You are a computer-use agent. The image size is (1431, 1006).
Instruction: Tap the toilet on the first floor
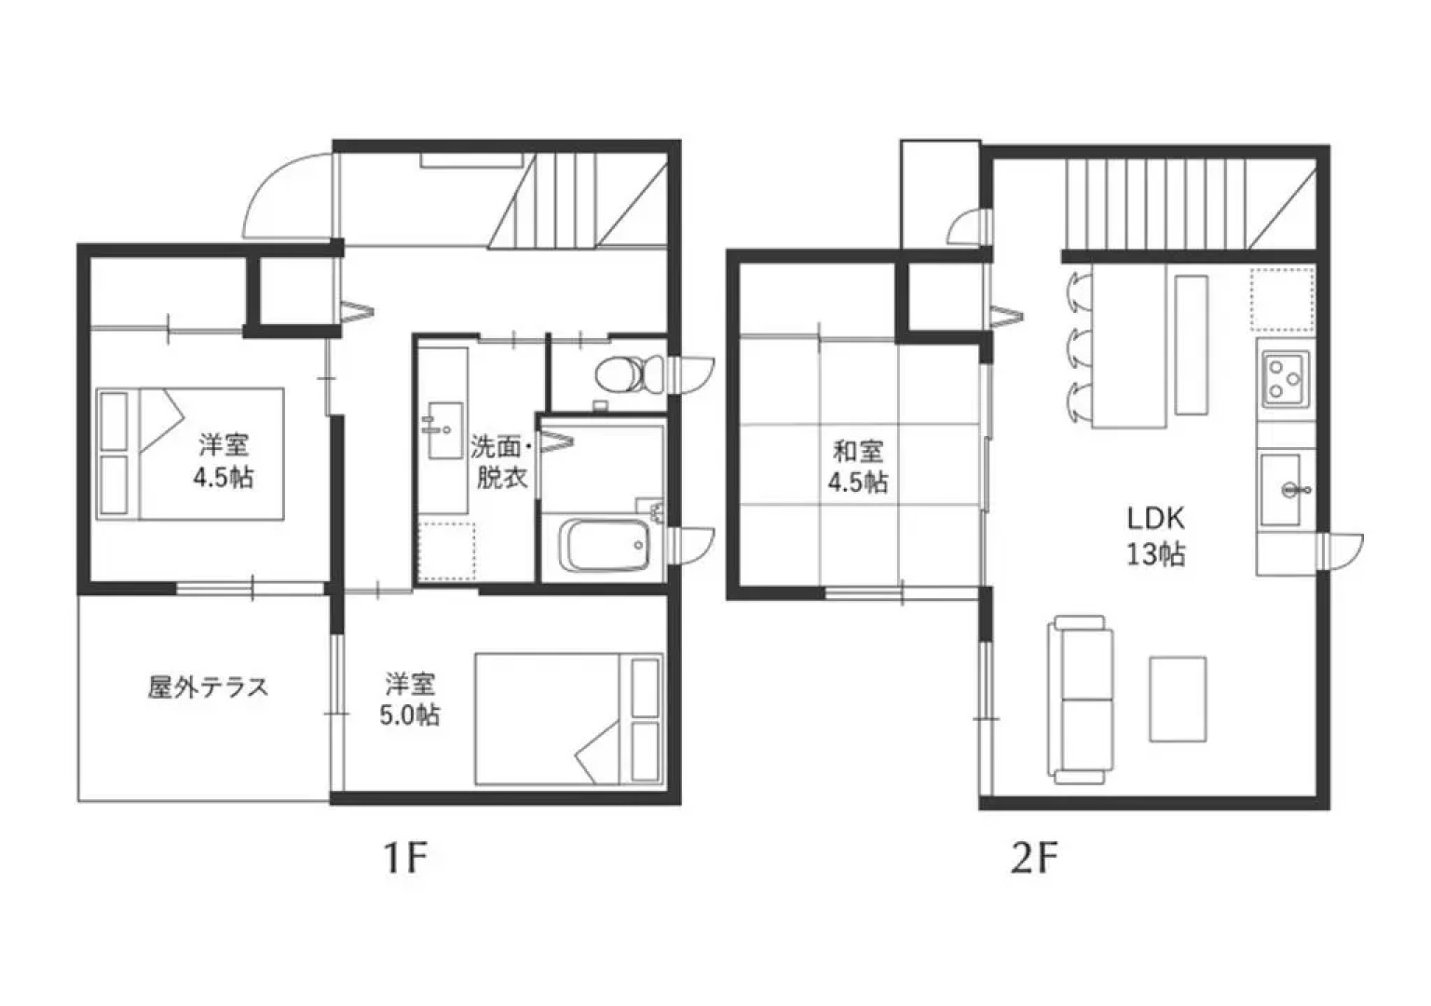point(620,374)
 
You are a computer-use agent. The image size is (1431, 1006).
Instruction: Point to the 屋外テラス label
point(208,687)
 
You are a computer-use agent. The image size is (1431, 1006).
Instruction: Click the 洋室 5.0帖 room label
point(410,700)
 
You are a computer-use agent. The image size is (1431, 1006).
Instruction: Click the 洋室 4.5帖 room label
point(223,461)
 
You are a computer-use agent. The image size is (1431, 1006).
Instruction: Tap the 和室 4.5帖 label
point(857,467)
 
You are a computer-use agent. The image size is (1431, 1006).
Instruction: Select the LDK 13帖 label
point(1155,536)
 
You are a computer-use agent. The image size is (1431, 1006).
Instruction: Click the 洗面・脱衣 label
point(501,461)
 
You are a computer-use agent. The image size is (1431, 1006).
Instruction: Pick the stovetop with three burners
point(1285,378)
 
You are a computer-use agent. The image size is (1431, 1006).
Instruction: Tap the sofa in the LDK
point(1081,699)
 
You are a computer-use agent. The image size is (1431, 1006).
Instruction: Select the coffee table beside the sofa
point(1178,699)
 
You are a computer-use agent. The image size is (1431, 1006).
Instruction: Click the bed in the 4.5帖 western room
point(191,454)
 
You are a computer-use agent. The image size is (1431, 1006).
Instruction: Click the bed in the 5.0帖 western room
point(568,718)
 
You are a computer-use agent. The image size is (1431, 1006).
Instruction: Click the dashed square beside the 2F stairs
point(1281,300)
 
